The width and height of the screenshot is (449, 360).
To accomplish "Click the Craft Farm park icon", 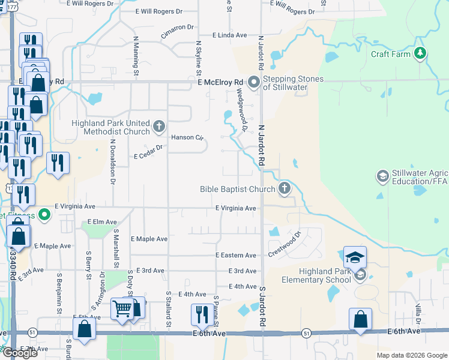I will click(421, 54).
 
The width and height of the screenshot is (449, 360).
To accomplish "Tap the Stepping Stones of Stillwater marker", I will click(254, 82).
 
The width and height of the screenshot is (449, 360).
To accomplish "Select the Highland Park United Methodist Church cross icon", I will click(159, 126).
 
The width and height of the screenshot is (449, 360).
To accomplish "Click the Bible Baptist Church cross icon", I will click(285, 189).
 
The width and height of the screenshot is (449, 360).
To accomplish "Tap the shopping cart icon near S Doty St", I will click(122, 309).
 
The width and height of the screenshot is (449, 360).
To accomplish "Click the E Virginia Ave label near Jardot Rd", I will click(236, 208).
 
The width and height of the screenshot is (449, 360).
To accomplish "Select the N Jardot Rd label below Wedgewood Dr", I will click(261, 145).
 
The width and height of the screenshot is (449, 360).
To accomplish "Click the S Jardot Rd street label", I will click(262, 307).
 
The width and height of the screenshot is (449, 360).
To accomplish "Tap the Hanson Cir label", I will click(187, 137).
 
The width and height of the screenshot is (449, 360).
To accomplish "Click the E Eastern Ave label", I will click(236, 255).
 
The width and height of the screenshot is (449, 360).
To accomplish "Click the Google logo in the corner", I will click(20, 353).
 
